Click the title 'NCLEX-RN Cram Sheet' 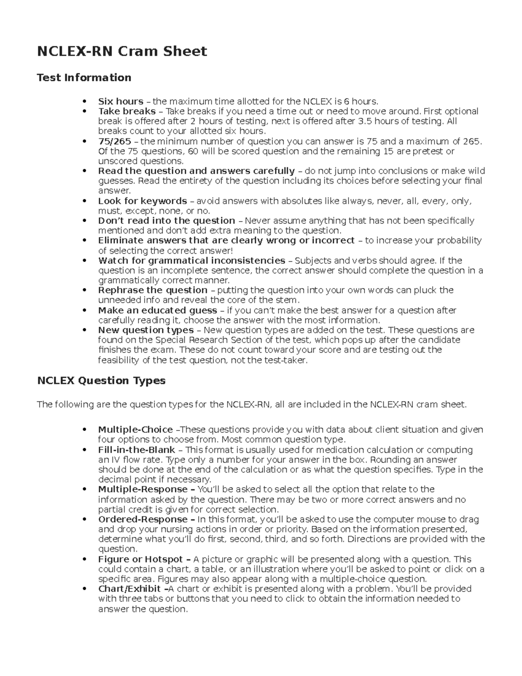[x=122, y=51]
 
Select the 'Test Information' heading [x=84, y=77]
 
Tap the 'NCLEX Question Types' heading [x=101, y=380]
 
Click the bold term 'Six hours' [x=120, y=101]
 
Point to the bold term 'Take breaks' [x=127, y=111]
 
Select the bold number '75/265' [x=114, y=141]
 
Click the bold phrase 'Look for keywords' [x=142, y=201]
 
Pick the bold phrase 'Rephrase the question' [x=153, y=290]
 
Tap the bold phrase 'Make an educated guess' [x=157, y=310]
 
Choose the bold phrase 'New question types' [x=146, y=330]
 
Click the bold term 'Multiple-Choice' [x=135, y=430]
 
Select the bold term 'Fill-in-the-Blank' [x=137, y=450]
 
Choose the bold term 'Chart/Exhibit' [x=130, y=589]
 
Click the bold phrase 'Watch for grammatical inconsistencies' [x=192, y=260]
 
